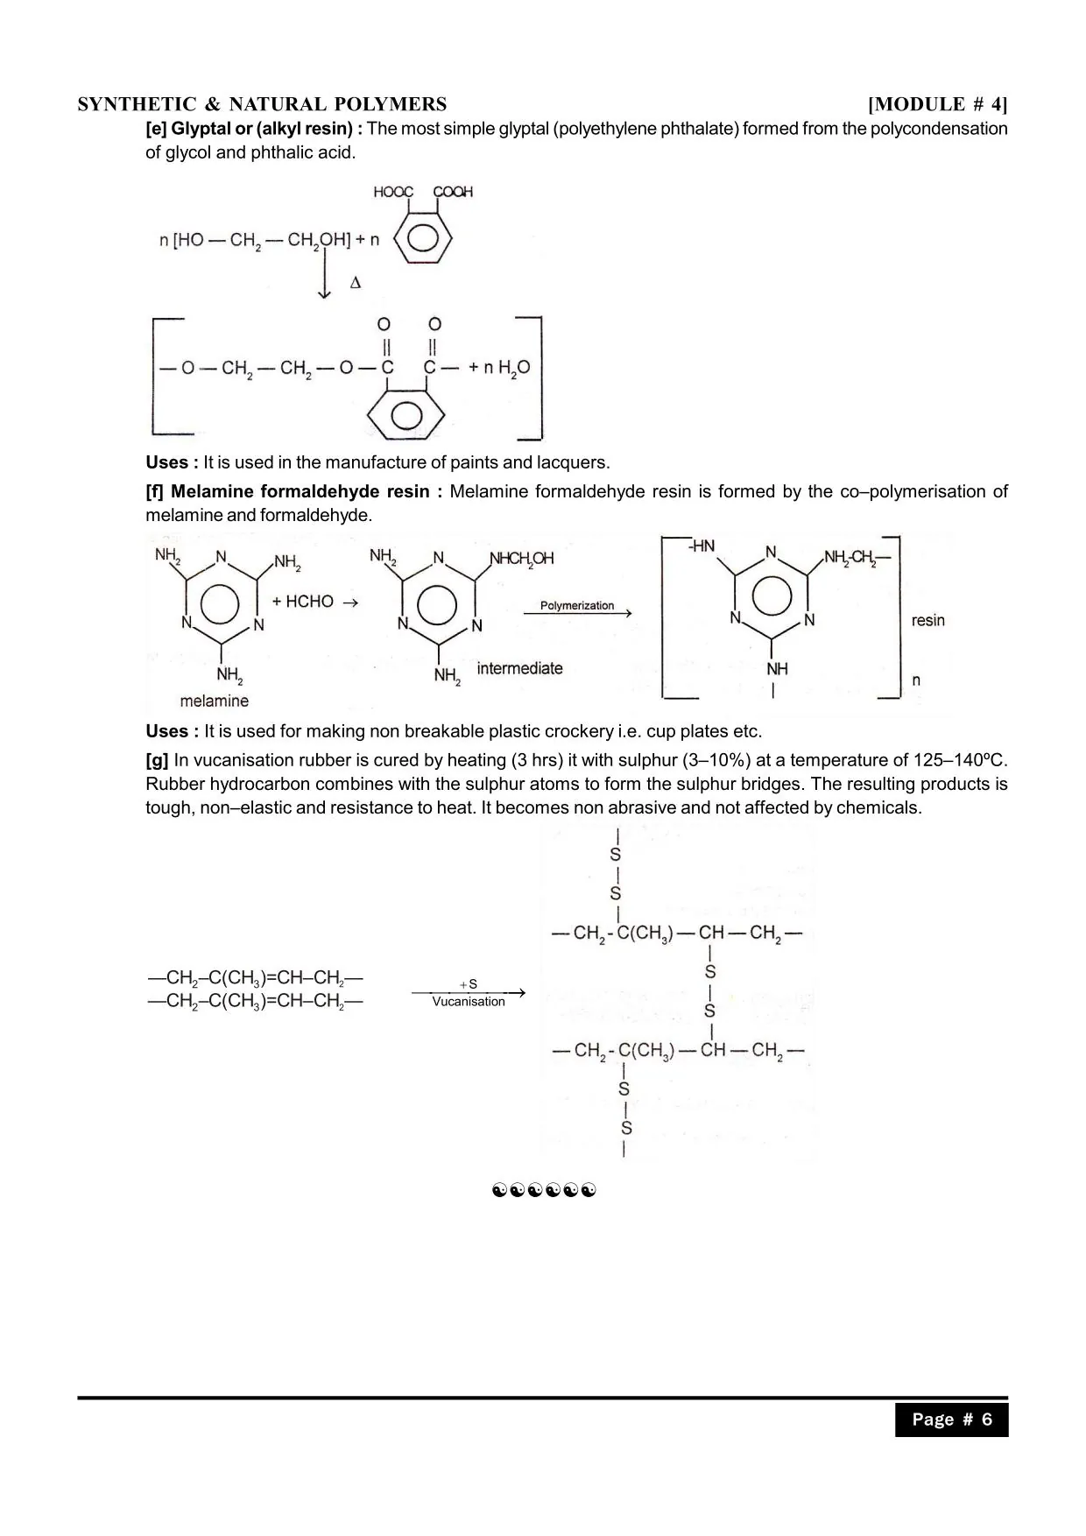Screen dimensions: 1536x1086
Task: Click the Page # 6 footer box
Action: click(x=951, y=1420)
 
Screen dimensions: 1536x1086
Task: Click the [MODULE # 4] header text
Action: click(x=937, y=104)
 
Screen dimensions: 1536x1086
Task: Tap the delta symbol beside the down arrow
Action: click(x=355, y=283)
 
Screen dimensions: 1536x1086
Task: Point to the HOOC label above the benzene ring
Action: click(x=393, y=192)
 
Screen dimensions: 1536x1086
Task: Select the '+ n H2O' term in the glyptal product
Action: click(x=499, y=368)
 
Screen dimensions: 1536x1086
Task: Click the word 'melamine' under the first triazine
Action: click(x=215, y=701)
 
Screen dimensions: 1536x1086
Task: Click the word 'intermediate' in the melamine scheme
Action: click(x=519, y=668)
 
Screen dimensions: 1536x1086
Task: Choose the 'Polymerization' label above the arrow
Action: click(x=577, y=605)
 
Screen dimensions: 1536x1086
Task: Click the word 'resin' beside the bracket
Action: click(x=927, y=620)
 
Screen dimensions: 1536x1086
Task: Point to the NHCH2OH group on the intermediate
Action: click(x=521, y=558)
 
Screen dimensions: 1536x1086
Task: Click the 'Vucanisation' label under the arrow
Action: click(x=469, y=1002)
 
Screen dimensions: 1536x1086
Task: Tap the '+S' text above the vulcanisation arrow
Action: click(x=469, y=984)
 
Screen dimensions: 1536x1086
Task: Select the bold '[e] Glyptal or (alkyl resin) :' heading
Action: click(x=254, y=129)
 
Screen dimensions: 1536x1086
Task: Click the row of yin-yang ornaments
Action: click(x=544, y=1190)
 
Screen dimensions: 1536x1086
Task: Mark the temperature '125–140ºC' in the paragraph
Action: click(x=960, y=760)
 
